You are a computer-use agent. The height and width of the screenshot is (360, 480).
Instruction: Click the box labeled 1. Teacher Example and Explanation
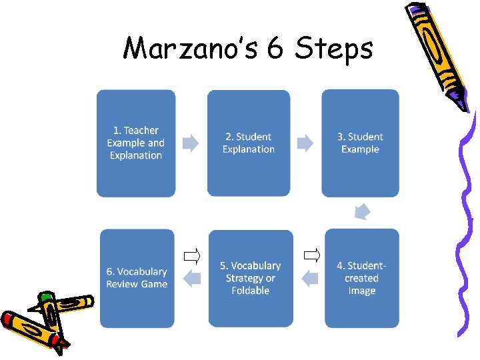click(135, 143)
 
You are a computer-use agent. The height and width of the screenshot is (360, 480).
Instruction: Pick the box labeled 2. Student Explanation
click(249, 143)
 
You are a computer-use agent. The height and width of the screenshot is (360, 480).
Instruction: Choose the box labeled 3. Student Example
click(360, 143)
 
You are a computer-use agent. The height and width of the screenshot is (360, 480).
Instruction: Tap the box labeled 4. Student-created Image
click(362, 278)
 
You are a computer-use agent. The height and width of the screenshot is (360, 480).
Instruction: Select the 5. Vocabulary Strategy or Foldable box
click(251, 278)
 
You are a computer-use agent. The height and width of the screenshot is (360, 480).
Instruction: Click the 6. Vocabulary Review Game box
click(137, 278)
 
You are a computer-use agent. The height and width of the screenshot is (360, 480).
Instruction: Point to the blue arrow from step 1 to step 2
click(191, 143)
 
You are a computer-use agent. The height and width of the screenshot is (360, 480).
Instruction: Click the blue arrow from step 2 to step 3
click(305, 143)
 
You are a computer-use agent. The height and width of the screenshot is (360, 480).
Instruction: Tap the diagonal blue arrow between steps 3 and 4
click(362, 211)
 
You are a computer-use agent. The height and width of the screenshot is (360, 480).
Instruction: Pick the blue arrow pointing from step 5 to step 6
click(193, 278)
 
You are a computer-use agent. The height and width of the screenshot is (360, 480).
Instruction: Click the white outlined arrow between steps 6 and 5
click(192, 255)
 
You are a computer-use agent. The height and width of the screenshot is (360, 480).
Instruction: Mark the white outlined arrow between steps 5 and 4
click(311, 254)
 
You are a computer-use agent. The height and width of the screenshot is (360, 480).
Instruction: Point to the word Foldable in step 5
click(251, 291)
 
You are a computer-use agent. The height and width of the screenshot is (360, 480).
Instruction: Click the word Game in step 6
click(154, 284)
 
